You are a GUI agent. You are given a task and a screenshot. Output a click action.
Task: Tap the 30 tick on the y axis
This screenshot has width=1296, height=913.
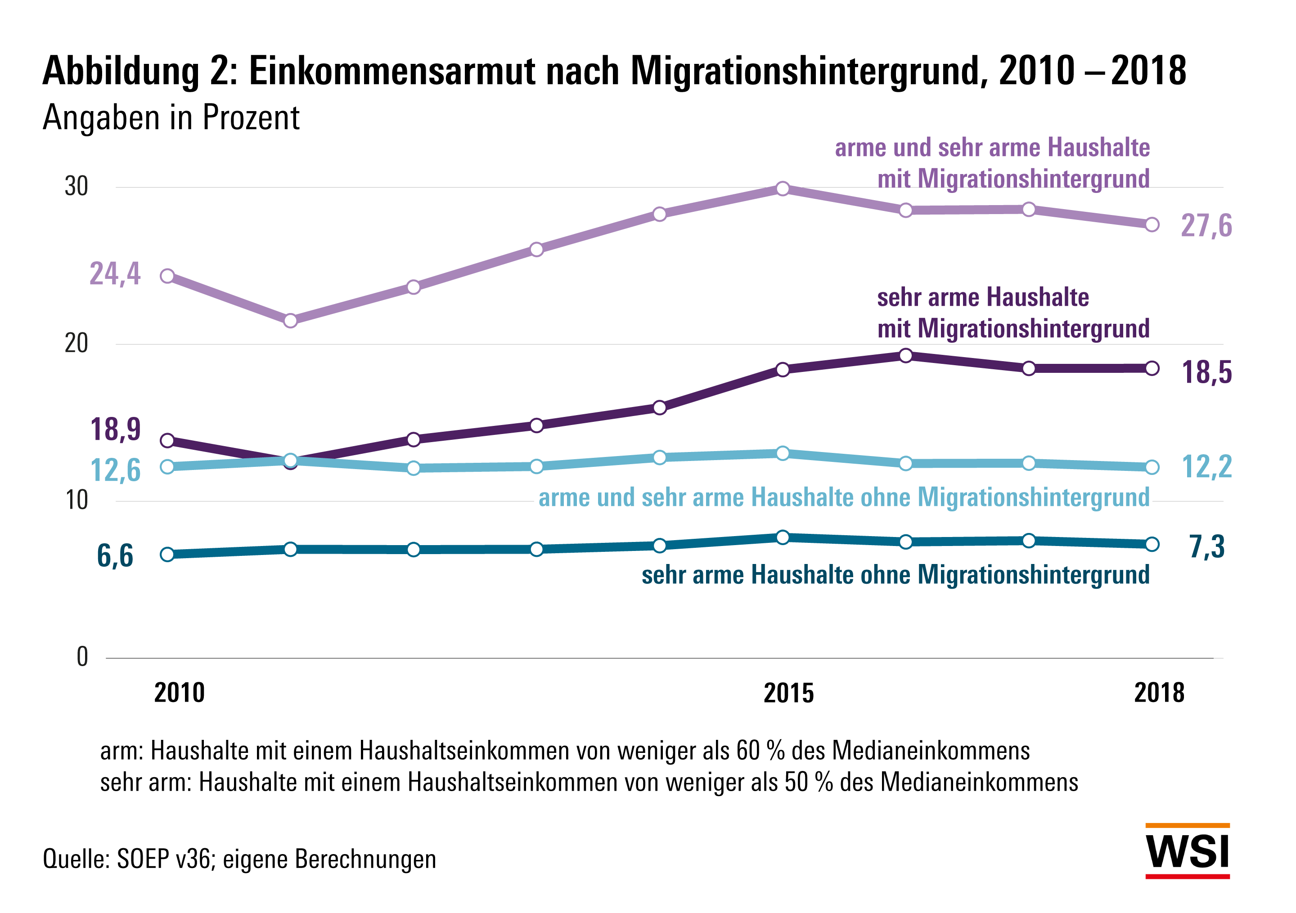click(77, 187)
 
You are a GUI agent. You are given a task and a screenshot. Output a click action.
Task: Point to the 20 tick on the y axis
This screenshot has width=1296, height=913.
click(77, 344)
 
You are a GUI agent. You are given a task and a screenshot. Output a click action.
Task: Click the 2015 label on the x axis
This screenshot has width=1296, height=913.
click(788, 693)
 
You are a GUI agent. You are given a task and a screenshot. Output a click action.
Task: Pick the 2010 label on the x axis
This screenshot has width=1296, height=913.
click(179, 693)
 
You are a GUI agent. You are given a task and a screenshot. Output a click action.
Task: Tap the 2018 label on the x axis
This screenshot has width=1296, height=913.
click(1159, 693)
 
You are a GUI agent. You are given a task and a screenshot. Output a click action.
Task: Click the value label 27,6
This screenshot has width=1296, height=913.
click(1206, 226)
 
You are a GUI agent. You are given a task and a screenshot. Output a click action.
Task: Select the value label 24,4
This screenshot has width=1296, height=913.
click(115, 274)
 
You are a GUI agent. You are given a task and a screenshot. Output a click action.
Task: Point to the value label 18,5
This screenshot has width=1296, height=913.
click(1207, 372)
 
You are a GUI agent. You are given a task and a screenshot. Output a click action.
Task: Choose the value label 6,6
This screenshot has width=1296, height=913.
click(115, 556)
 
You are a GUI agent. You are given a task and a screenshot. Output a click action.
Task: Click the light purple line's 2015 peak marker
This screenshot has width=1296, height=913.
click(783, 188)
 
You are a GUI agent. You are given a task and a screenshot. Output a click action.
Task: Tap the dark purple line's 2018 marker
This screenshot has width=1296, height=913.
click(1152, 368)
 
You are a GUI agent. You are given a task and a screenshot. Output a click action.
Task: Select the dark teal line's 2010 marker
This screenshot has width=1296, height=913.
click(167, 554)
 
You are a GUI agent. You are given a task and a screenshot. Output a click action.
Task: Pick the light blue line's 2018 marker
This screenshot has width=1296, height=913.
click(1152, 467)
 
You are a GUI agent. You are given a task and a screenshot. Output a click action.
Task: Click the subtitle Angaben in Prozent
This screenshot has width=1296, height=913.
click(171, 118)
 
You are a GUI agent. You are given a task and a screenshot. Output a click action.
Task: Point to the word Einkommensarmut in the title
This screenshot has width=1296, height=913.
click(391, 72)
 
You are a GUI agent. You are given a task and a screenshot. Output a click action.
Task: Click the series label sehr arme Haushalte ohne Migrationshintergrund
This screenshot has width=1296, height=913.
click(895, 575)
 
